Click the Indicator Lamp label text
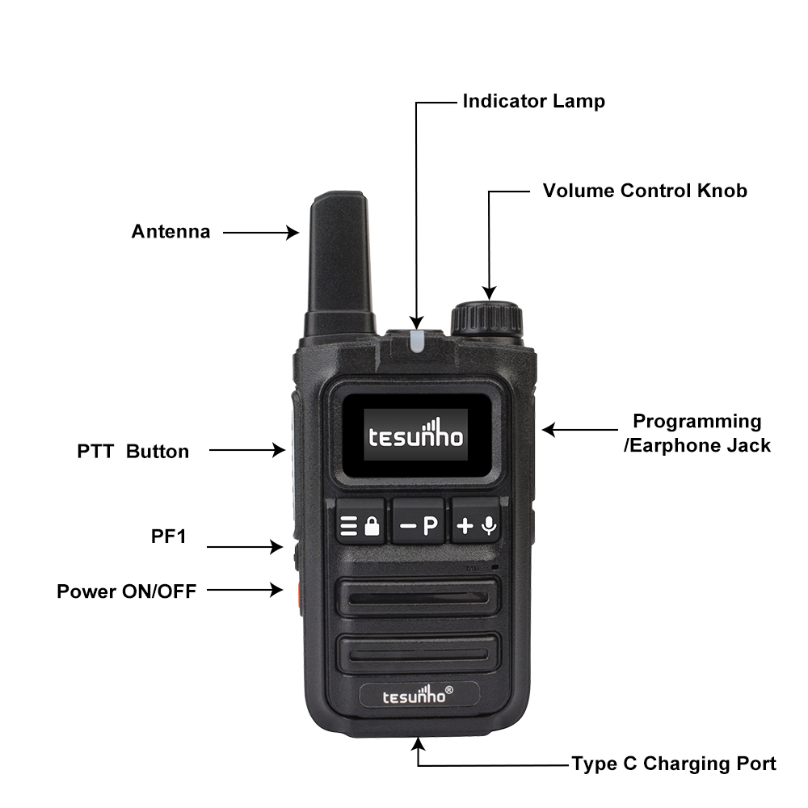point(533,102)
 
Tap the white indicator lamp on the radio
point(417,341)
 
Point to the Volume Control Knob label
point(645,191)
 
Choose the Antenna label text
point(170,231)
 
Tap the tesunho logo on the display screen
point(415,435)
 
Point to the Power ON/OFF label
point(126,591)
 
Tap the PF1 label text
point(169,537)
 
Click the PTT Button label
point(133,452)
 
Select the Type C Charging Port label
point(674,764)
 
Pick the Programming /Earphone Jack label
point(697,433)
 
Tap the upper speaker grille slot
point(418,598)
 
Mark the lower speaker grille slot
point(418,654)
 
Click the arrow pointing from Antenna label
point(261,233)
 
